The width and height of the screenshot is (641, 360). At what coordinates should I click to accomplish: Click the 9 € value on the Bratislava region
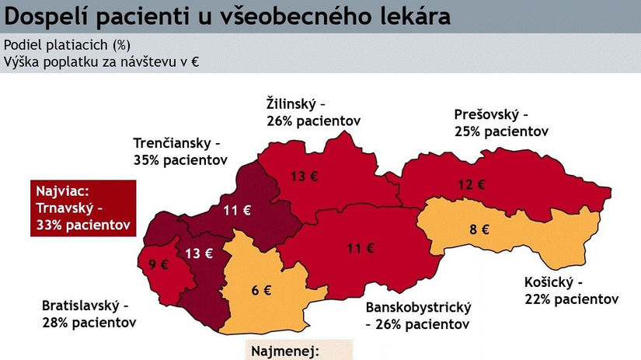click(159, 264)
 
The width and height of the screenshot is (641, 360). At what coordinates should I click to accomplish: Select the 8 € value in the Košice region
click(479, 229)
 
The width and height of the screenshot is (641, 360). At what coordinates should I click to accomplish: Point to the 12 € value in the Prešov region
click(471, 185)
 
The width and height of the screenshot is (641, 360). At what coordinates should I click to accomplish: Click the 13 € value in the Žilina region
click(304, 176)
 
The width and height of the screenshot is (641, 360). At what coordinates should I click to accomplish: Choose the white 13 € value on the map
click(198, 253)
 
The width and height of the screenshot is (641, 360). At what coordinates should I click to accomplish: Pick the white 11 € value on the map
click(236, 209)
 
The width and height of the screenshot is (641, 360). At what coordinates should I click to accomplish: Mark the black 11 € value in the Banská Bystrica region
click(361, 249)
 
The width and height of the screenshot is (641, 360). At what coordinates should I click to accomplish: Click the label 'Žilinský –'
click(295, 103)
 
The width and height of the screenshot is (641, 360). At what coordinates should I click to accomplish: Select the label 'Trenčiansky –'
click(177, 144)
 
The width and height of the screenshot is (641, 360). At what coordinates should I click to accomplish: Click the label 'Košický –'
click(552, 281)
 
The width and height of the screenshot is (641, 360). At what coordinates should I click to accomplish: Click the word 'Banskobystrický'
click(419, 307)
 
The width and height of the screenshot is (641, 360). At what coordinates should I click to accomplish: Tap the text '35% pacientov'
click(180, 161)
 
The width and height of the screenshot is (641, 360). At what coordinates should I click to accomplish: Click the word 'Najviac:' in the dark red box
click(62, 191)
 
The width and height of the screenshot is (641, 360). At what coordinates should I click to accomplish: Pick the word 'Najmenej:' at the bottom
click(285, 351)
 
